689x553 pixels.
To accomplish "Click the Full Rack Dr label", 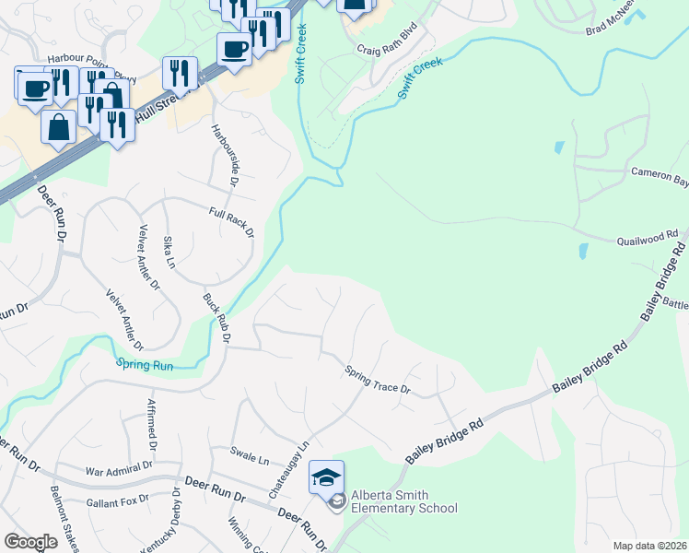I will (231, 222).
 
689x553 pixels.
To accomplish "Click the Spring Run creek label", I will (145, 365).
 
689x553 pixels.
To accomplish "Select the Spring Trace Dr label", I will (377, 380).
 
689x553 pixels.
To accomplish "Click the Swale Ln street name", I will (250, 458).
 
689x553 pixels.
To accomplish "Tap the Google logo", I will (30, 542).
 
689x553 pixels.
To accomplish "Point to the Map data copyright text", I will (648, 546).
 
